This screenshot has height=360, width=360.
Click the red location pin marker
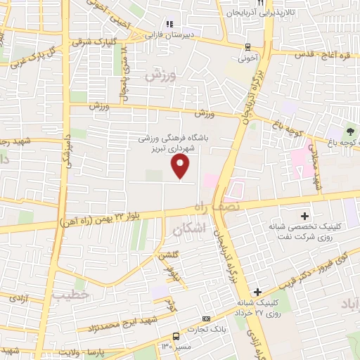(x=181, y=166)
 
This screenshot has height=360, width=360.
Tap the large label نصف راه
(x=217, y=206)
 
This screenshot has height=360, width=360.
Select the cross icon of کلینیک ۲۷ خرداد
(x=258, y=292)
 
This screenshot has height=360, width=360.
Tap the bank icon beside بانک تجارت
(x=206, y=319)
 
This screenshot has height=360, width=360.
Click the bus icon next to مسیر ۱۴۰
(x=176, y=336)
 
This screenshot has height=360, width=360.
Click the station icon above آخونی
(x=247, y=46)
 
